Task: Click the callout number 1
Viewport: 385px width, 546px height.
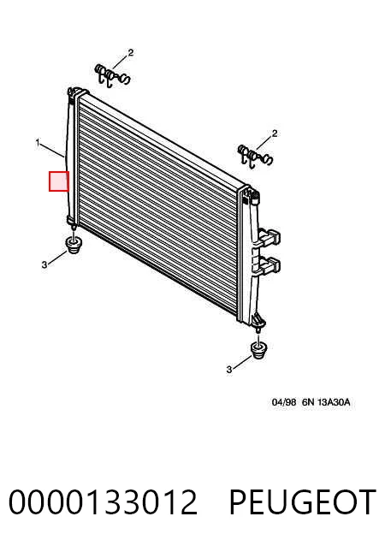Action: (x=38, y=143)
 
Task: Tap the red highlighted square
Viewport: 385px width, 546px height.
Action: (x=59, y=181)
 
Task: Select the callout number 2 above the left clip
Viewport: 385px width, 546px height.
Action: (x=131, y=52)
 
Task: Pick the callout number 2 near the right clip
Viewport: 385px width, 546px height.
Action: (x=275, y=134)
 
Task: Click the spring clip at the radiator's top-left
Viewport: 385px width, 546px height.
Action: (x=112, y=76)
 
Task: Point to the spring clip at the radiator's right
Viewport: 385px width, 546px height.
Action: (x=255, y=156)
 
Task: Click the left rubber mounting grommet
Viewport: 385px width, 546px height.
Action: (x=74, y=246)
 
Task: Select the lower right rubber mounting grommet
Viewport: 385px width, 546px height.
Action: (x=258, y=351)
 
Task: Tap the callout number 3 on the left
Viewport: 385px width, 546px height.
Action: (x=44, y=265)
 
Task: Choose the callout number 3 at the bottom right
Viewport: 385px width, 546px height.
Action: (x=228, y=370)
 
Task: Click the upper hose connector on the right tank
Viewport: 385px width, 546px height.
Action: (x=269, y=236)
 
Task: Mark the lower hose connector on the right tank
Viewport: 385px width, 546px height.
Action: (x=269, y=264)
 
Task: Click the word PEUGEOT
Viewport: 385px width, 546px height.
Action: (x=303, y=501)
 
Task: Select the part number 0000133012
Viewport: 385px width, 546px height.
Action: (x=103, y=501)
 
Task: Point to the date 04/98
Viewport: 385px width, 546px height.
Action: (x=284, y=402)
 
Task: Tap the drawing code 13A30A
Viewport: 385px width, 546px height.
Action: (x=334, y=402)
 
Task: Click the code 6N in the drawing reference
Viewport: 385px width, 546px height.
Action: (x=308, y=402)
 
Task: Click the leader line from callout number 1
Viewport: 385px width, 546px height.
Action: (x=52, y=150)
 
